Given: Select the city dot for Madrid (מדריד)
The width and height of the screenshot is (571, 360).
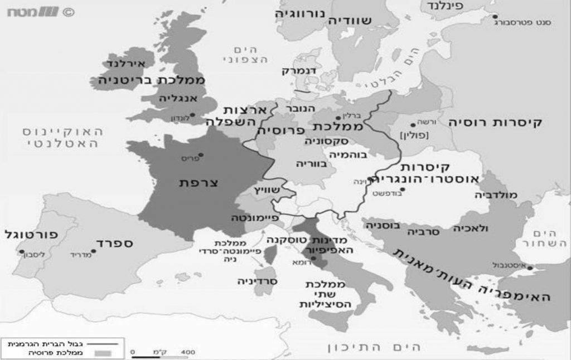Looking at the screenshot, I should (93, 251).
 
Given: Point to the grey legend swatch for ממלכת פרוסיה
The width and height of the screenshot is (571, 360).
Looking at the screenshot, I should (101, 353).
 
